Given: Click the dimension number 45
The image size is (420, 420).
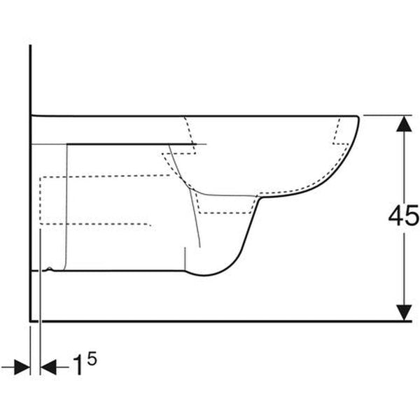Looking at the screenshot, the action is pyautogui.click(x=404, y=215).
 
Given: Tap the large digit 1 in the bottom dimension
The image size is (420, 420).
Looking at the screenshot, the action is pyautogui.click(x=78, y=365).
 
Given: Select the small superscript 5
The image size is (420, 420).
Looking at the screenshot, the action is pyautogui.click(x=92, y=358).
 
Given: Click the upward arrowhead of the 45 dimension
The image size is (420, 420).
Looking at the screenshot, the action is pyautogui.click(x=404, y=124).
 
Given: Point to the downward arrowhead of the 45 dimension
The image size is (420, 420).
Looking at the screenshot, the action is pyautogui.click(x=404, y=313).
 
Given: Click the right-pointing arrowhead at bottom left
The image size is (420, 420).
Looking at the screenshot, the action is pyautogui.click(x=22, y=367).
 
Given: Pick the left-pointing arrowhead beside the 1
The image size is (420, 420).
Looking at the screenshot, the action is pyautogui.click(x=48, y=367).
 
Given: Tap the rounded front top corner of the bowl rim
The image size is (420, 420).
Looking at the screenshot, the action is pyautogui.click(x=357, y=118).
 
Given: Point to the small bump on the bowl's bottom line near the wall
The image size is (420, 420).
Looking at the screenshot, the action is pyautogui.click(x=49, y=268).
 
